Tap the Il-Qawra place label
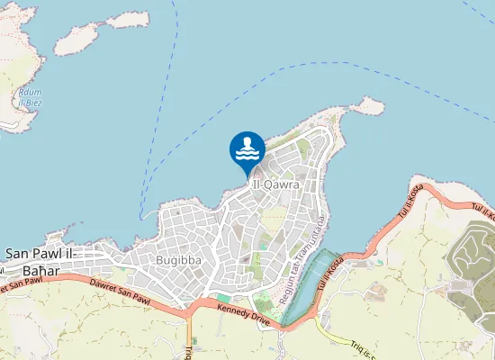pyautogui.click(x=276, y=184)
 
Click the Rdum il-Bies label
pyautogui.click(x=30, y=97)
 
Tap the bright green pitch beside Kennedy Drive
pyautogui.click(x=222, y=297)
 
